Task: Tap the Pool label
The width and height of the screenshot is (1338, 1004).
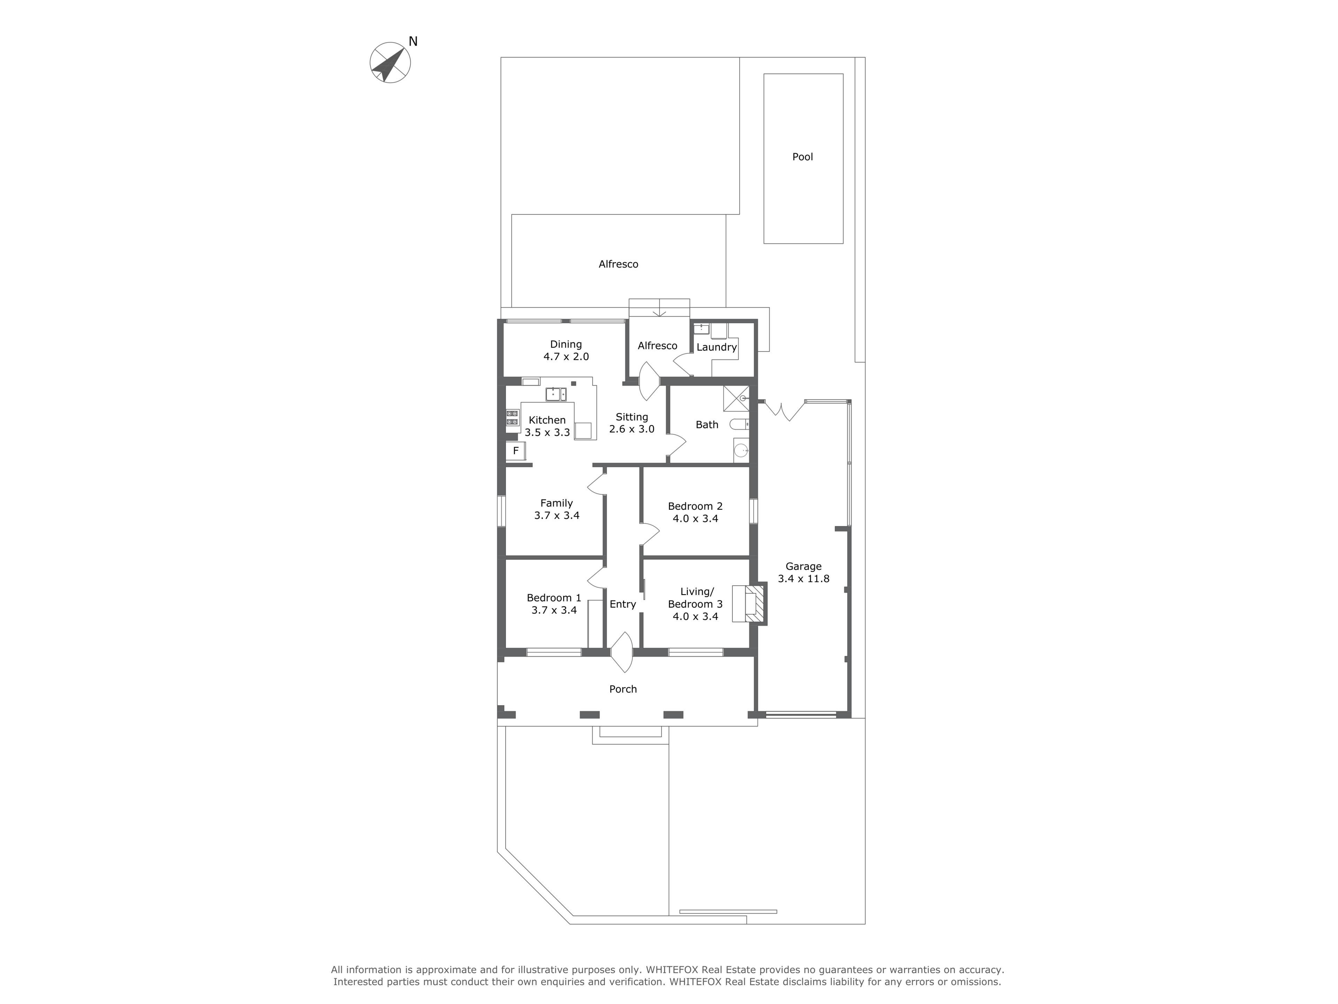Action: (803, 157)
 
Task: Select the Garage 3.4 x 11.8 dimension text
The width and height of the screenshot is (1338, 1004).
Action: (803, 579)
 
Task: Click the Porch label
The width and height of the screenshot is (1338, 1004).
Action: (623, 689)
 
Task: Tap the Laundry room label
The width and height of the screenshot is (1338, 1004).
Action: (717, 347)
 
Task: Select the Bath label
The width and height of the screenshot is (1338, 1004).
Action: (707, 425)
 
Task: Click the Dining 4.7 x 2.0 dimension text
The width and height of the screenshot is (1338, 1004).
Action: (566, 356)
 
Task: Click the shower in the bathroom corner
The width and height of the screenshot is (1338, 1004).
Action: (736, 399)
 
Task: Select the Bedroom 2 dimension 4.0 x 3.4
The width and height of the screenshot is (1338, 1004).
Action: (695, 519)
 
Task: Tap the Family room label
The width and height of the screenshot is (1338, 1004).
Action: (556, 503)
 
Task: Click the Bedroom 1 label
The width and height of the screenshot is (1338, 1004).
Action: (554, 598)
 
